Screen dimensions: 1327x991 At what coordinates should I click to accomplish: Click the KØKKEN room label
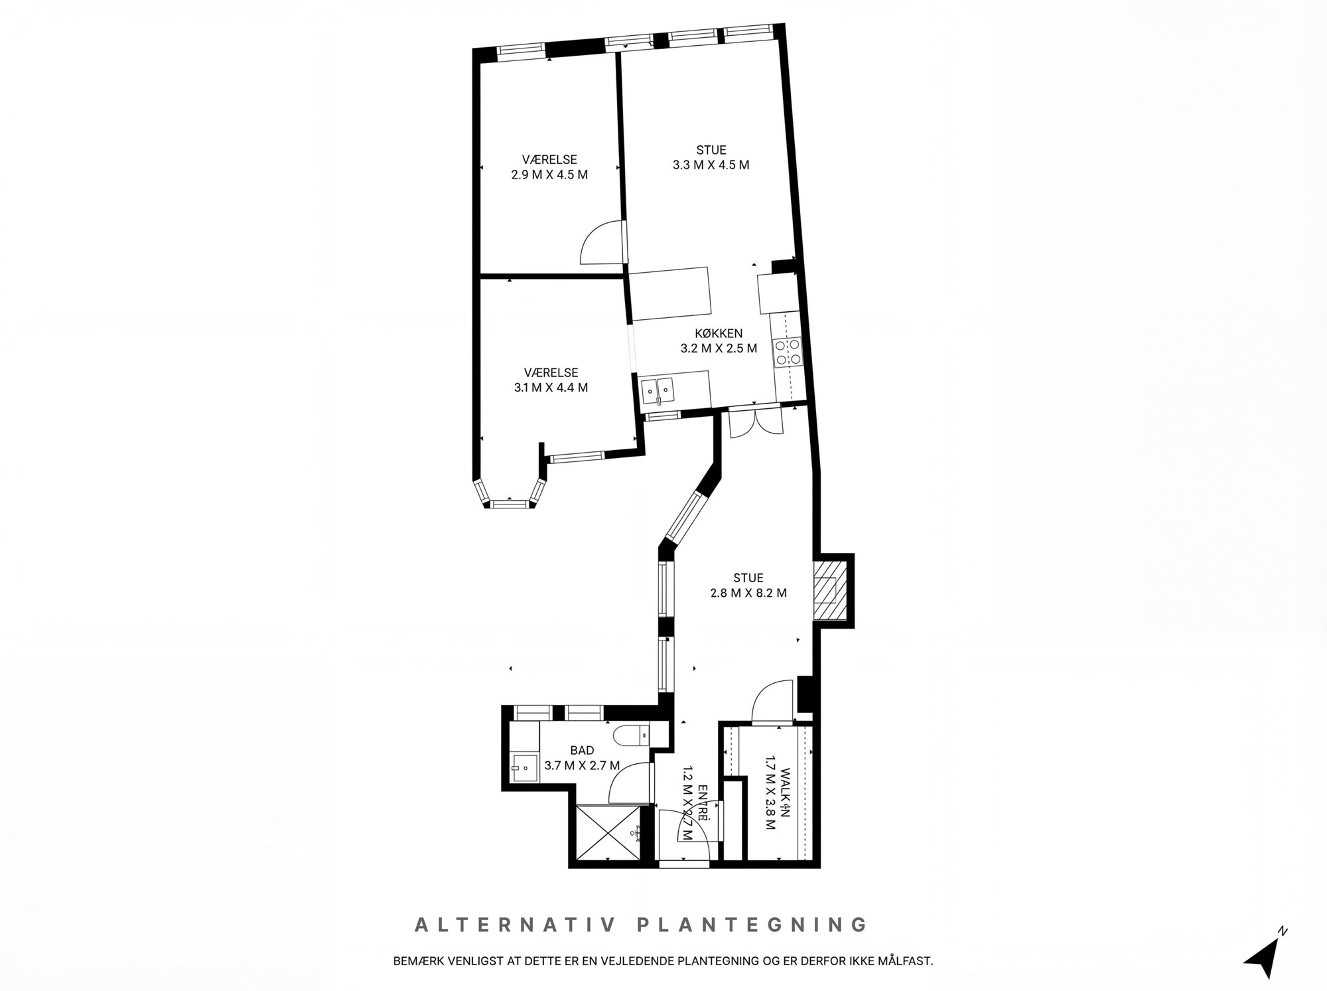719,333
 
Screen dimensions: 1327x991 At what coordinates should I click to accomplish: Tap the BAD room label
582,750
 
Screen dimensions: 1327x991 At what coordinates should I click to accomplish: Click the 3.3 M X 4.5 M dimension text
711,165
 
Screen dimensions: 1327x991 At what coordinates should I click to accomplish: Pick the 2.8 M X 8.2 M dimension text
748,593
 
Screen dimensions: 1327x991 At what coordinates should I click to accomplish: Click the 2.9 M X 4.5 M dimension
549,175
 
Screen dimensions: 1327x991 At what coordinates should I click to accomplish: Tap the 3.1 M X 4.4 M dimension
551,388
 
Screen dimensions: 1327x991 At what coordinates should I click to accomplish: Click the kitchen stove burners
787,352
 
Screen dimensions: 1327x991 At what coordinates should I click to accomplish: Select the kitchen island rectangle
669,293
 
